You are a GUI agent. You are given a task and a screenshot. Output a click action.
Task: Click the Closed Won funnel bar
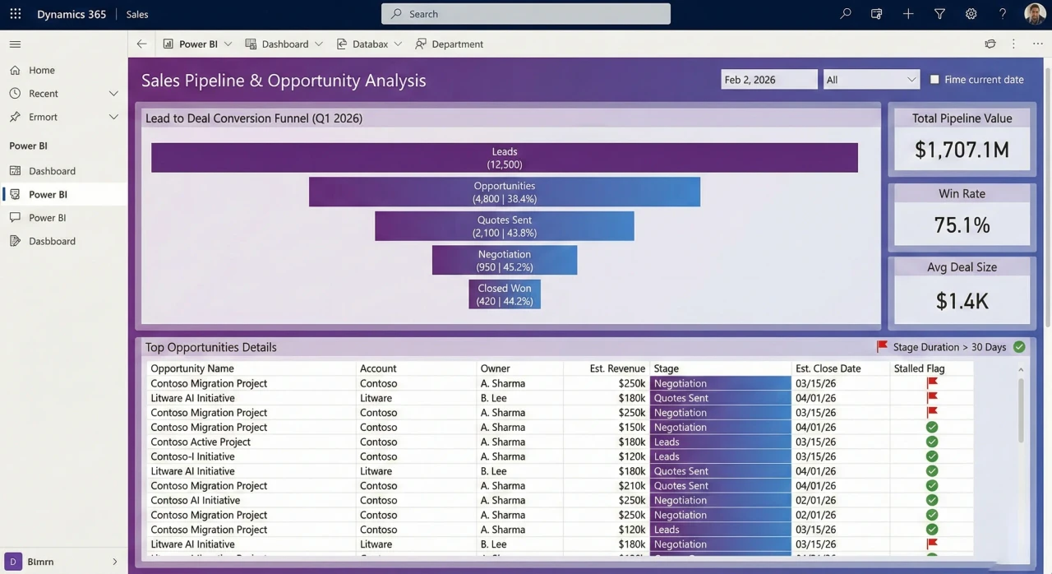coord(505,294)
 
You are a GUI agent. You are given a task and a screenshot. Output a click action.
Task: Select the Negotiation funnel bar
coord(505,260)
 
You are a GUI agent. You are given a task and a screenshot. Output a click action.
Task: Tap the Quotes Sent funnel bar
coord(505,226)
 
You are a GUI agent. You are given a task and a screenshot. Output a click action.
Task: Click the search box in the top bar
coord(526,14)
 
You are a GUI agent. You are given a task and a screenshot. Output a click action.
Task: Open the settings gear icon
coord(971,14)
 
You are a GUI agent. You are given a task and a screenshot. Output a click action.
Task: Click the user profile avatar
coord(1035,14)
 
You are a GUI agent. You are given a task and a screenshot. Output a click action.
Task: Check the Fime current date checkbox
coord(934,80)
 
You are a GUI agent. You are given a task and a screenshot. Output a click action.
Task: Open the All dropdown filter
coord(870,80)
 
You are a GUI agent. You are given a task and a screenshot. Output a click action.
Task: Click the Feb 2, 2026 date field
coord(769,80)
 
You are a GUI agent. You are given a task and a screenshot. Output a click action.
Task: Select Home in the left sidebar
coord(42,71)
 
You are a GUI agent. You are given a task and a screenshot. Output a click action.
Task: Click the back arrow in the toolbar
coord(142,44)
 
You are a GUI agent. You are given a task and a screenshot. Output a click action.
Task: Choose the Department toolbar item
coord(449,44)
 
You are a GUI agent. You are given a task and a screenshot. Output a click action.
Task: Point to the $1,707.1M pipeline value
coord(962,150)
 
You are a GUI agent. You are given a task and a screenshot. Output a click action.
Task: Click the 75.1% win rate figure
coord(962,225)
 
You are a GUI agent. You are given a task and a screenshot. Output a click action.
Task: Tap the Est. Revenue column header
coord(617,368)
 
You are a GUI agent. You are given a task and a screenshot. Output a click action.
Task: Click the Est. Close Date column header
coord(828,368)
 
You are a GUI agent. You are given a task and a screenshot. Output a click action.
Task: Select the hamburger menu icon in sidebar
coord(15,44)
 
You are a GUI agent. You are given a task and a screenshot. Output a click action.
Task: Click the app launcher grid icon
coord(16,14)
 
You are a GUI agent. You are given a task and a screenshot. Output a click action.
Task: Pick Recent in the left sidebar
coord(44,94)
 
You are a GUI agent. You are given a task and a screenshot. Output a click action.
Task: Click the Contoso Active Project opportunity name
coord(201,442)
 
